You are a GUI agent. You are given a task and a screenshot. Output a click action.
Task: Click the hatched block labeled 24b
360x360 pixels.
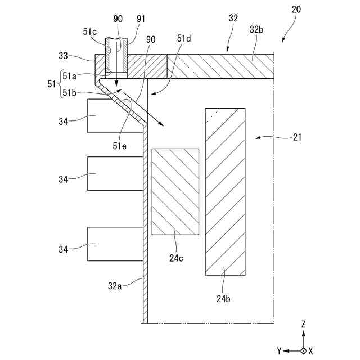pyautogui.click(x=225, y=191)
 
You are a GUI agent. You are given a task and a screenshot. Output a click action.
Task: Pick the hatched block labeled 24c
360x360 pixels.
pyautogui.click(x=175, y=191)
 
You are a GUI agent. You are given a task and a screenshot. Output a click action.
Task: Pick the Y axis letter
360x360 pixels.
pyautogui.click(x=279, y=350)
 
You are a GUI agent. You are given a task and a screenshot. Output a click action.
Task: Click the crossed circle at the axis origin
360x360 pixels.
pyautogui.click(x=304, y=350)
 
